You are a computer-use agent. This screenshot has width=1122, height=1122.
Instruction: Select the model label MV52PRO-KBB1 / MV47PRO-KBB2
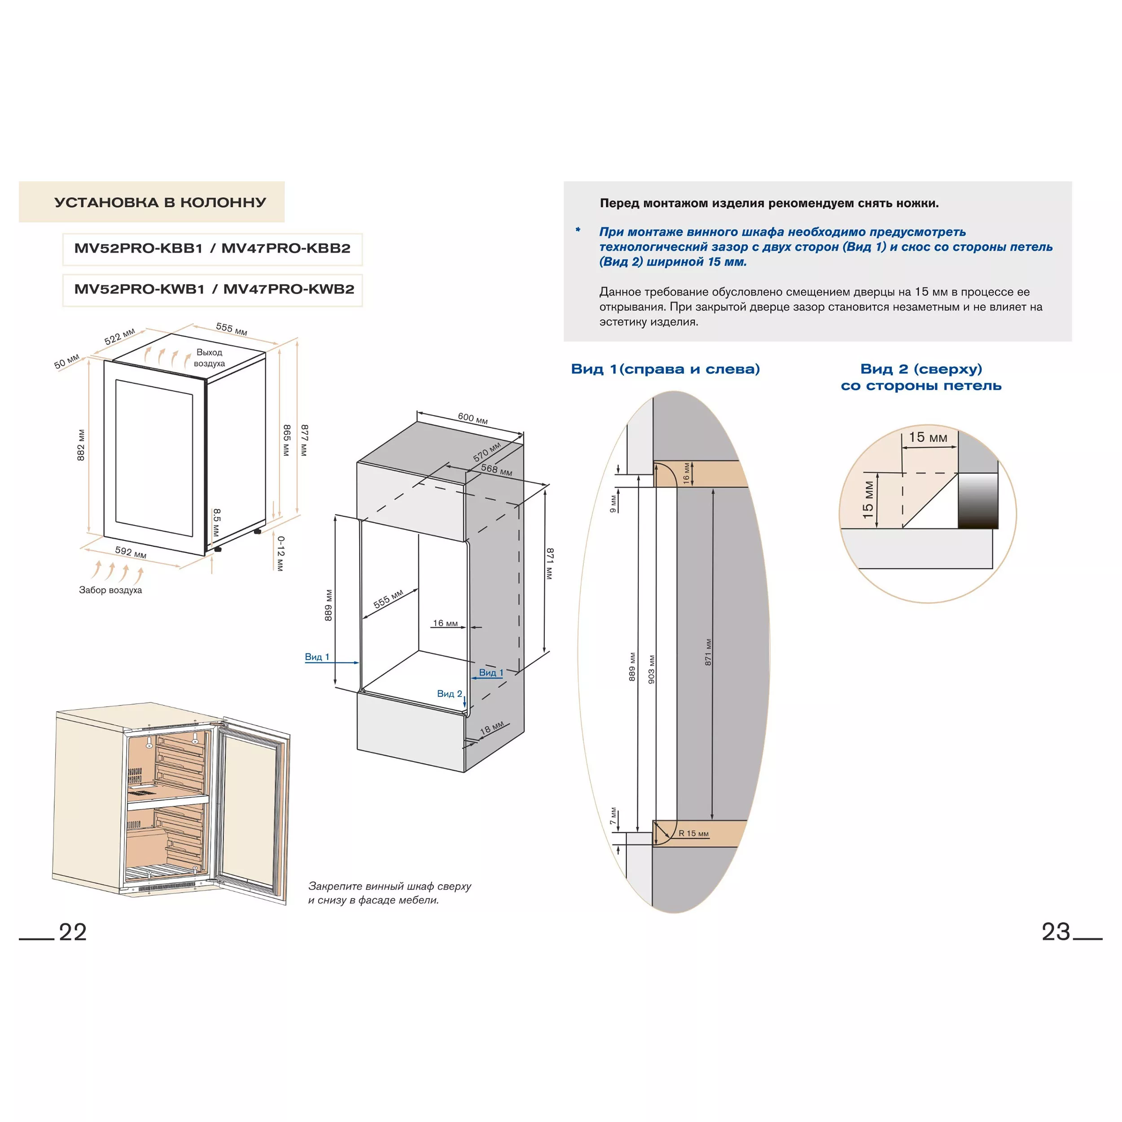(x=213, y=249)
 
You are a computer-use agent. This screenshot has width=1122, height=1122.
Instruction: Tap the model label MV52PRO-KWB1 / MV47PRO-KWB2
(x=214, y=289)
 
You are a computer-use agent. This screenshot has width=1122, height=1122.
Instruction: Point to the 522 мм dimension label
(x=120, y=336)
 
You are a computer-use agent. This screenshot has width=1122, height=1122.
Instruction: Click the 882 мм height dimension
(x=81, y=445)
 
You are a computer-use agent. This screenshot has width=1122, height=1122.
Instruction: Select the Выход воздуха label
(x=209, y=358)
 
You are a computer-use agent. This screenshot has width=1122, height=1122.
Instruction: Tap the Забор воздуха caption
(x=110, y=590)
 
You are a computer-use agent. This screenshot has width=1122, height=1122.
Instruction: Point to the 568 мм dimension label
(x=496, y=470)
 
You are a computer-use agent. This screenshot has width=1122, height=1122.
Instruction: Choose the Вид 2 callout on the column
(x=450, y=693)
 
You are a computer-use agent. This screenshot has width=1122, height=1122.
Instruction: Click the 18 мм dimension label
(x=492, y=728)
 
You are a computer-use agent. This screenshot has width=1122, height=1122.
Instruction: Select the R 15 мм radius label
(x=693, y=833)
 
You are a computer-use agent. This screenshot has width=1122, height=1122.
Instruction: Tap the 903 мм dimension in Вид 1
(x=652, y=670)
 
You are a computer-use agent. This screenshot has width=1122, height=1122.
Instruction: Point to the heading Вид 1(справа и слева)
(x=666, y=369)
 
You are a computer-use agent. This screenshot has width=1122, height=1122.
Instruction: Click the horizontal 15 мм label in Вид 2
(x=928, y=437)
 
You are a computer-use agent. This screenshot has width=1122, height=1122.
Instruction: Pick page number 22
(x=73, y=932)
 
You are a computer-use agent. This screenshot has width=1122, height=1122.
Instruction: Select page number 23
(x=1056, y=932)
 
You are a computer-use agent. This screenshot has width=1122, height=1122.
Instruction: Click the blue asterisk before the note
(x=578, y=230)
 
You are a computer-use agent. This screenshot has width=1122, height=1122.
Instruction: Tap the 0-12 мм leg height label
(x=280, y=553)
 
